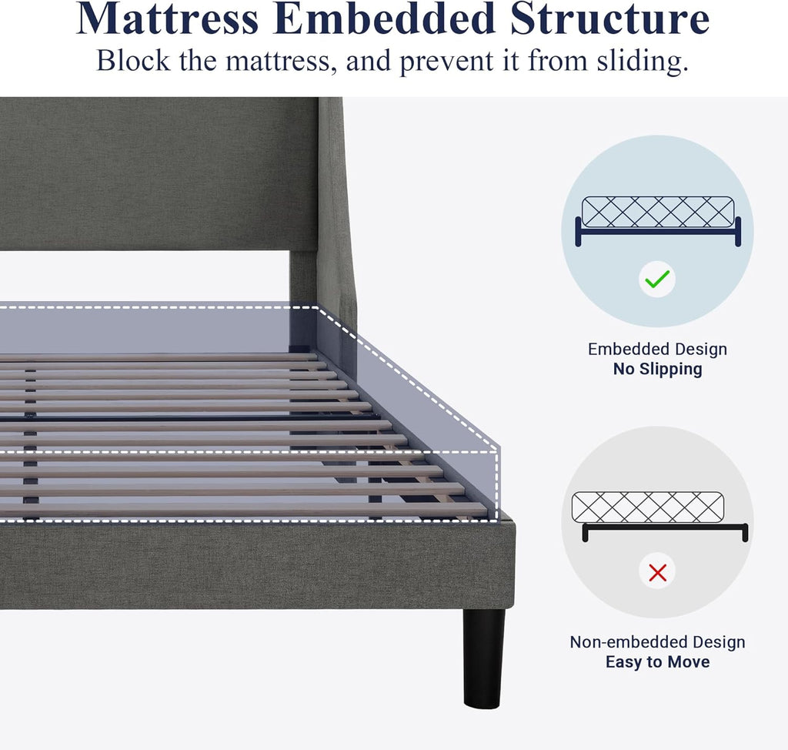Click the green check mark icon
(x=657, y=280)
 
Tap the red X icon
(x=657, y=572)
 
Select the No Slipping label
(x=657, y=370)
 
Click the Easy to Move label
(x=657, y=662)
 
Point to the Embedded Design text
(x=657, y=350)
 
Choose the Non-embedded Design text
(x=657, y=642)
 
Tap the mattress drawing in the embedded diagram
(x=657, y=212)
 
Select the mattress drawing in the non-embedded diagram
(x=647, y=507)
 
